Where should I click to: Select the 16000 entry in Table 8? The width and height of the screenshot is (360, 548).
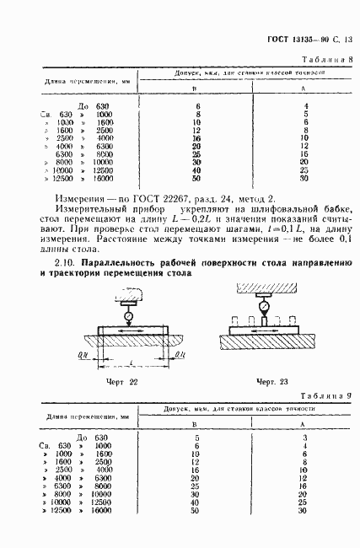tap(103, 179)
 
